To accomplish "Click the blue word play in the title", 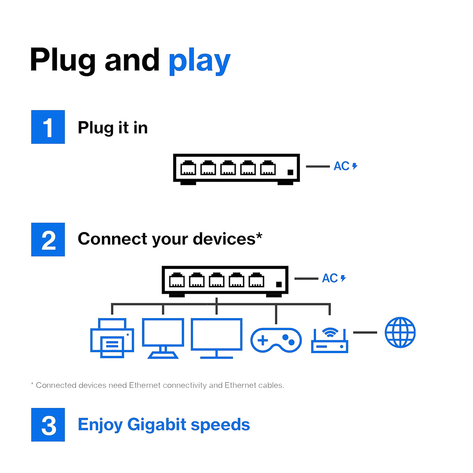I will coord(199,61).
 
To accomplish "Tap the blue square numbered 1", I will coord(48,127).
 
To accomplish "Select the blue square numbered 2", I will coord(48,240).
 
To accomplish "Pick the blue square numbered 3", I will coord(48,425).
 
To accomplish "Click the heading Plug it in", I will coord(113,128).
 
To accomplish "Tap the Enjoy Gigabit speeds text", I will coord(164,425).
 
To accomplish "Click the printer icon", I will coord(112,338).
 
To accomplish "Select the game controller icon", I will coord(276,340).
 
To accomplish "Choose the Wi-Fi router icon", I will coord(330,341).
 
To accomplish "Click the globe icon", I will coord(400,332).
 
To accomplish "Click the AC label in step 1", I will coord(342,166).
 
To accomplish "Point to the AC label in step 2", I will coord(330,278).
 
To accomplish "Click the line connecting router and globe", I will coord(365,332).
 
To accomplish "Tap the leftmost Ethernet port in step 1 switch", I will coord(188,168).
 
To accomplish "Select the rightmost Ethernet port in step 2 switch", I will coord(256,280).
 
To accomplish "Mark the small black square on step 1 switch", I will coord(291,172).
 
